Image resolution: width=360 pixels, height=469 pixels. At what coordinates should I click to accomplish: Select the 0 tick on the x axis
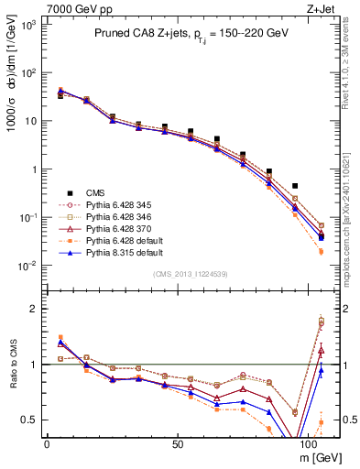point(47,442)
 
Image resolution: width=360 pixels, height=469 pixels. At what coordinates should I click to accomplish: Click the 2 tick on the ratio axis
point(35,309)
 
